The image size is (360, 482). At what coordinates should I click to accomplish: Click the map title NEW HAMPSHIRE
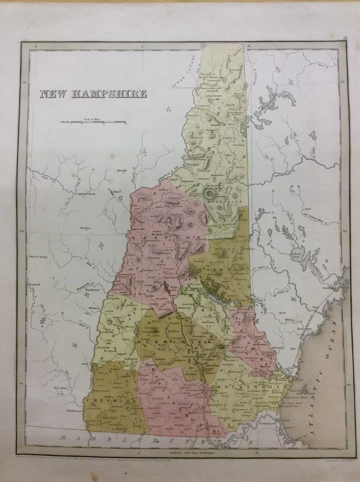pyautogui.click(x=93, y=94)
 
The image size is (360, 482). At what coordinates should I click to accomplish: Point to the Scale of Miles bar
pyautogui.click(x=93, y=122)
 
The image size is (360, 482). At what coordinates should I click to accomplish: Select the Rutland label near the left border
pyautogui.click(x=35, y=285)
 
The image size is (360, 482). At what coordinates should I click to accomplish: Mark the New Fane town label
pyautogui.click(x=60, y=388)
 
